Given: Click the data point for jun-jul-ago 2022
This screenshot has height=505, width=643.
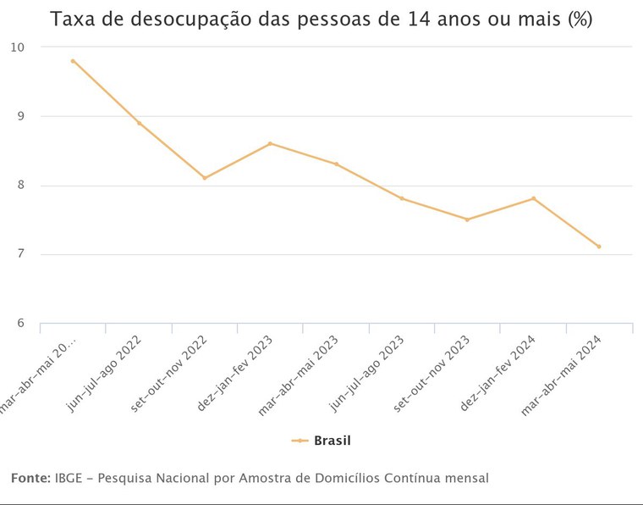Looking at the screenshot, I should coord(139,123).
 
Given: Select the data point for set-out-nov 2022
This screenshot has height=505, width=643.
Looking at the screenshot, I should coord(205,178).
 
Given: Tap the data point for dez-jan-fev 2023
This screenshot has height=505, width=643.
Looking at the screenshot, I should coord(270,143).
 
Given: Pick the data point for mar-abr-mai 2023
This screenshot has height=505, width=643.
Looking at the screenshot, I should coord(336,164).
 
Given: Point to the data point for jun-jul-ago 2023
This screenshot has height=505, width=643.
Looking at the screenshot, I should coord(402,198).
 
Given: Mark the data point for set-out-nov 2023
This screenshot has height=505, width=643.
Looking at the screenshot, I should coord(467,219).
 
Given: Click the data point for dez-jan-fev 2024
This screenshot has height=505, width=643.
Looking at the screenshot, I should coord(533,198).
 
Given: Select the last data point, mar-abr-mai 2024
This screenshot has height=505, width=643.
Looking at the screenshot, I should coord(599,247).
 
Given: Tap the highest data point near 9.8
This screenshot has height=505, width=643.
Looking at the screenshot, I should coord(73,61).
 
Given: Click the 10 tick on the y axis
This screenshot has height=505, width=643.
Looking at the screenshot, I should coord(18,47).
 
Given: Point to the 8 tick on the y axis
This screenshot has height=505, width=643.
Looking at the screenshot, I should coord(21,186).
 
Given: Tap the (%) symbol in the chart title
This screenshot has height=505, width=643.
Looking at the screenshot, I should coord(580,19).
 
